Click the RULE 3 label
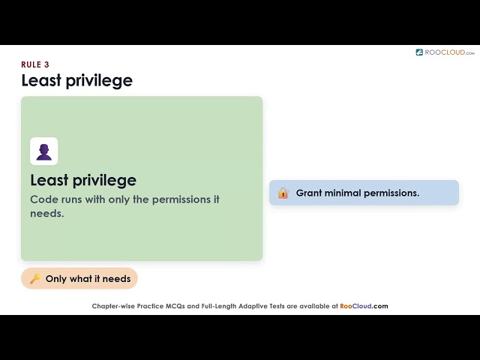[35, 64]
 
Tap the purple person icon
[44, 151]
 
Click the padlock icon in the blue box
[283, 193]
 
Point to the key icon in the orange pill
[35, 278]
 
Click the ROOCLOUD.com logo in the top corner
[445, 52]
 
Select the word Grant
[308, 193]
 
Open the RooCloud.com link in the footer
[364, 306]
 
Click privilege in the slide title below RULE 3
[99, 81]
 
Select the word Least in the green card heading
[49, 180]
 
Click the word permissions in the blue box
[391, 193]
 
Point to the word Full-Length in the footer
[218, 307]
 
